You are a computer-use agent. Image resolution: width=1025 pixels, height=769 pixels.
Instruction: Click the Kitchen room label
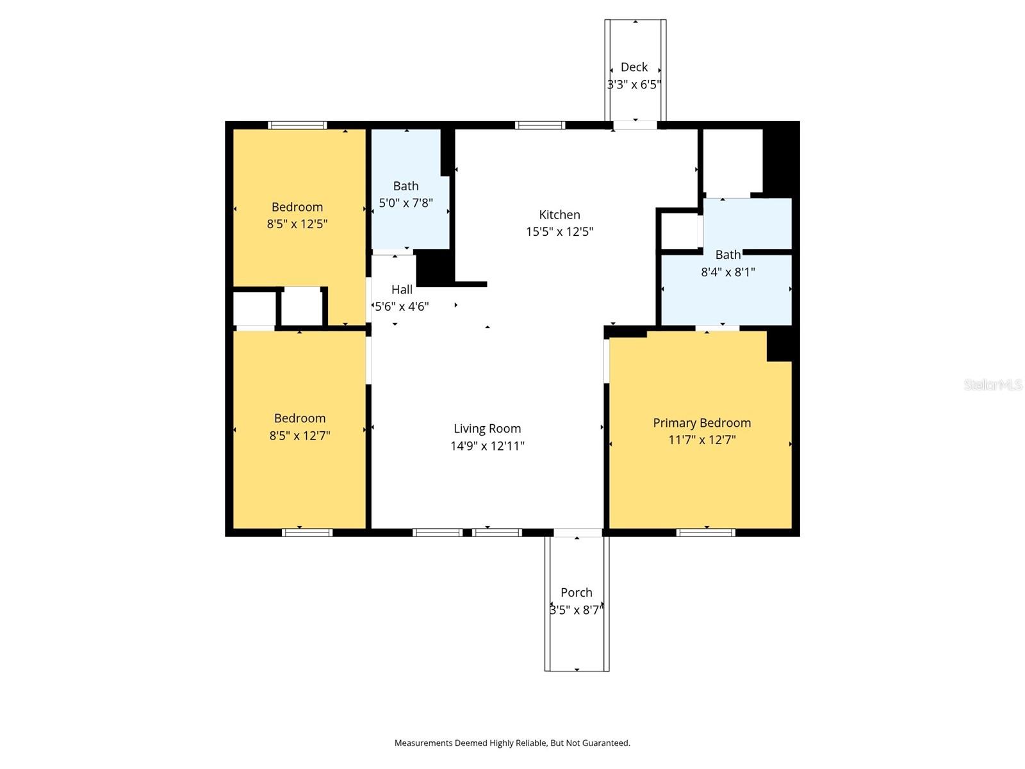point(559,215)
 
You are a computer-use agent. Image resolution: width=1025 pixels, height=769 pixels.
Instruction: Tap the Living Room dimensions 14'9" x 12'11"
point(487,446)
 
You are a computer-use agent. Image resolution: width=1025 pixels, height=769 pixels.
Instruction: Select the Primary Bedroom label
point(701,423)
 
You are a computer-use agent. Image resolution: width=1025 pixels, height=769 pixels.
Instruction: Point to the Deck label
point(634,67)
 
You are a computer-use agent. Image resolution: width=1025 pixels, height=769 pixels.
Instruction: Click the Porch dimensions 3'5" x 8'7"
point(576,610)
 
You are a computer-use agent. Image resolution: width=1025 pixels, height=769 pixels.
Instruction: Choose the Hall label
point(402,290)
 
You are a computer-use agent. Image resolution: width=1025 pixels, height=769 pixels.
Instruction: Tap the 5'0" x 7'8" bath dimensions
point(406,203)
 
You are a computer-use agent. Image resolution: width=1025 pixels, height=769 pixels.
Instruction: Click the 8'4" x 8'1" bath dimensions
point(728,272)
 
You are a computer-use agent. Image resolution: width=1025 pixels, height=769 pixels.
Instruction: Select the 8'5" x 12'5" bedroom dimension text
point(297,224)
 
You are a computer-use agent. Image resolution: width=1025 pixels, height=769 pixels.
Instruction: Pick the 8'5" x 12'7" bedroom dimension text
point(300,436)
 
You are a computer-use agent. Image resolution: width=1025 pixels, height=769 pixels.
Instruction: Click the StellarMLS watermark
point(992,384)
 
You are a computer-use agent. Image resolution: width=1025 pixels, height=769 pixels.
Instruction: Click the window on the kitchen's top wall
point(540,125)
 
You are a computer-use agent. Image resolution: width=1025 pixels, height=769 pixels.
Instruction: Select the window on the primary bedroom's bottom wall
point(705,533)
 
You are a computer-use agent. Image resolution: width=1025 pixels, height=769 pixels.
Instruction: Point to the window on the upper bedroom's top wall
point(297,125)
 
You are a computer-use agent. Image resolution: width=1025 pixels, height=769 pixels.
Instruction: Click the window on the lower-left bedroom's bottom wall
point(307,533)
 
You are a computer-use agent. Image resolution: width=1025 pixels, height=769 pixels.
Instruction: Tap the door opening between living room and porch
point(577,533)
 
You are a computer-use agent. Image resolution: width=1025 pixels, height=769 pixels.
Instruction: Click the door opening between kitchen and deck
point(635,125)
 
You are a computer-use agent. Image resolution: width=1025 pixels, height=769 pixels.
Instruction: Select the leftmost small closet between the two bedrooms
point(254,310)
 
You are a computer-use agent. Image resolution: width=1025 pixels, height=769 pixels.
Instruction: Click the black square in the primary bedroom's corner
point(779,347)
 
